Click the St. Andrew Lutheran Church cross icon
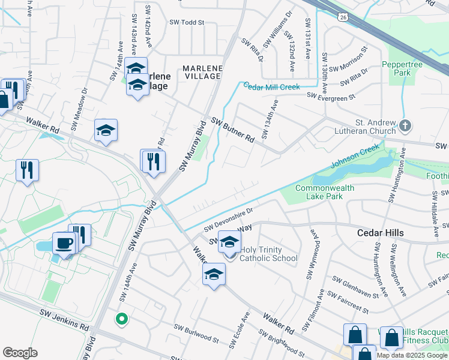point(405,126)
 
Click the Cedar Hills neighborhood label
point(379,233)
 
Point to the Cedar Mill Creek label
point(271,87)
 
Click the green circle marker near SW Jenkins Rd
point(122,319)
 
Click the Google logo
point(20,353)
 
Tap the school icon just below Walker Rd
point(214,275)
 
